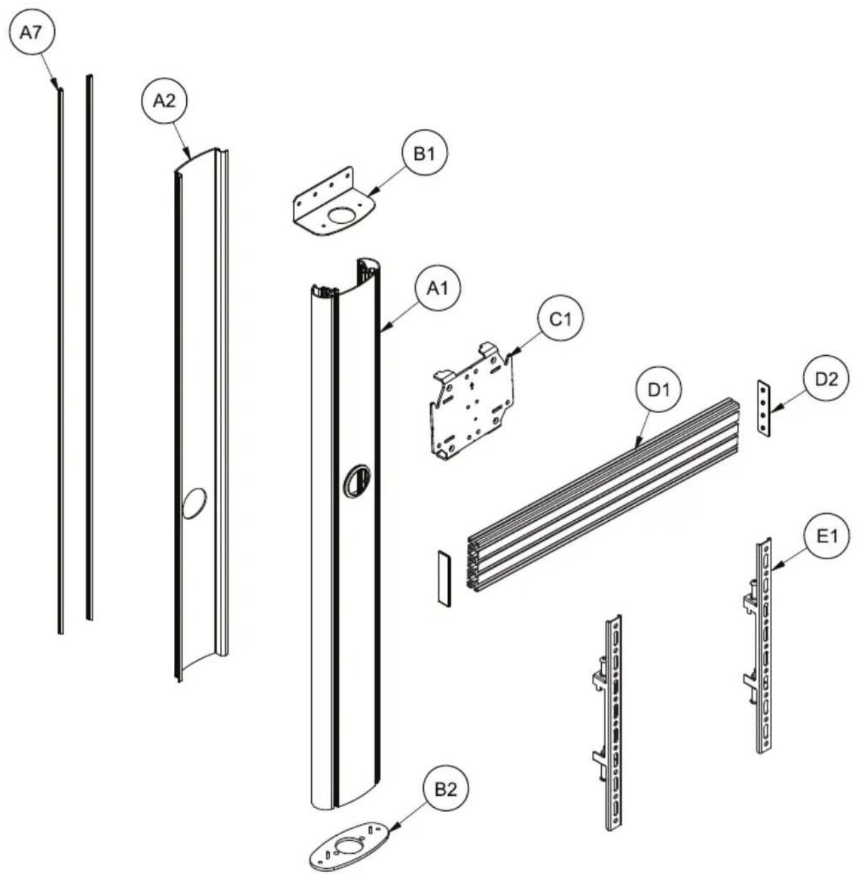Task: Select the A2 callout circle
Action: tap(164, 101)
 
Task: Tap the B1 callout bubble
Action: tap(424, 154)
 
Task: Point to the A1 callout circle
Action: tap(437, 288)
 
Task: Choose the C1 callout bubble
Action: tap(560, 319)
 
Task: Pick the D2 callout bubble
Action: tap(825, 379)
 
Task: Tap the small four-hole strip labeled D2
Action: tap(764, 409)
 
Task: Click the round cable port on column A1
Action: tap(357, 481)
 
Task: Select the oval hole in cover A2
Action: tap(194, 503)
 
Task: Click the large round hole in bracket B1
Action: tap(344, 215)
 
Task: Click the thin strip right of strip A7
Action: tap(90, 347)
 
